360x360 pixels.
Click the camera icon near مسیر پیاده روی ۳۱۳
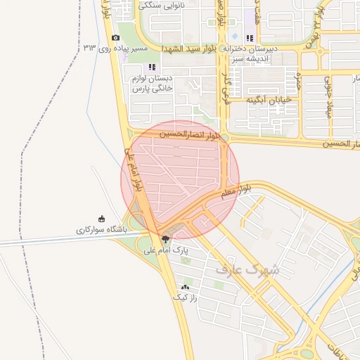[x=115, y=38]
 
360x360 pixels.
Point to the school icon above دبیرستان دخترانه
[x=249, y=38]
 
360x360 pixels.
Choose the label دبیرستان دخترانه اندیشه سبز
[x=251, y=53]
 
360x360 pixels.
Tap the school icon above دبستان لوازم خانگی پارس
[x=151, y=67]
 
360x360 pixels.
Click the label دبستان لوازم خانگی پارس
[x=151, y=84]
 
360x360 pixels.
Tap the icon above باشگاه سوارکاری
[x=102, y=219]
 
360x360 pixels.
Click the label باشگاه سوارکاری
[x=101, y=230]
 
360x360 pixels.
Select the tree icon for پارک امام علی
[x=165, y=238]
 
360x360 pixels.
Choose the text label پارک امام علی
[x=167, y=250]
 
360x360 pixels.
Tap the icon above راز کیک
[x=186, y=287]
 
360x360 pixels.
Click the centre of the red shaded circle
[x=181, y=179]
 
